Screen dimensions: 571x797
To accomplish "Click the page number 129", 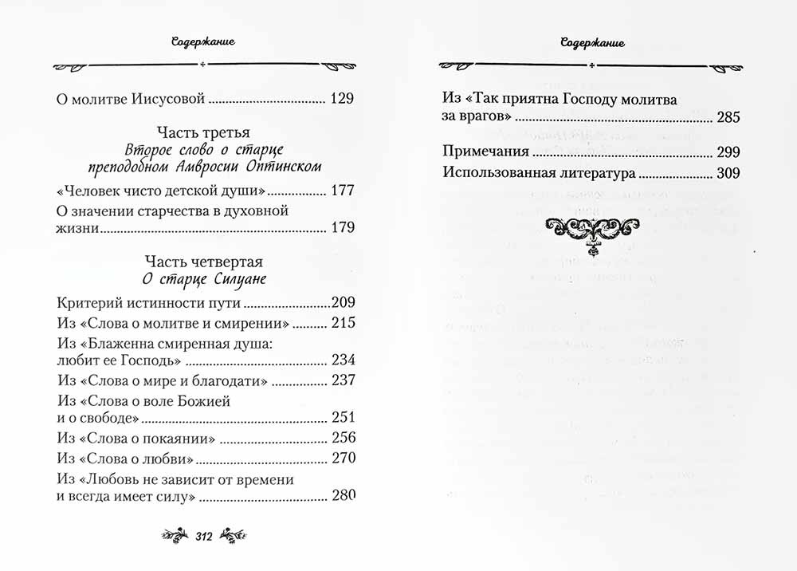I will click(x=341, y=100).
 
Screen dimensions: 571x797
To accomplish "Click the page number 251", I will click(x=341, y=418).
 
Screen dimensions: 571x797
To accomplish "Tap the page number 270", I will click(x=341, y=459).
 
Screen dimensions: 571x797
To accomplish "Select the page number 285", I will click(x=728, y=118).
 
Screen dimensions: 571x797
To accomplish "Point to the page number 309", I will click(x=728, y=172).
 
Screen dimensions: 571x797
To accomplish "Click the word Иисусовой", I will click(x=170, y=100).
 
